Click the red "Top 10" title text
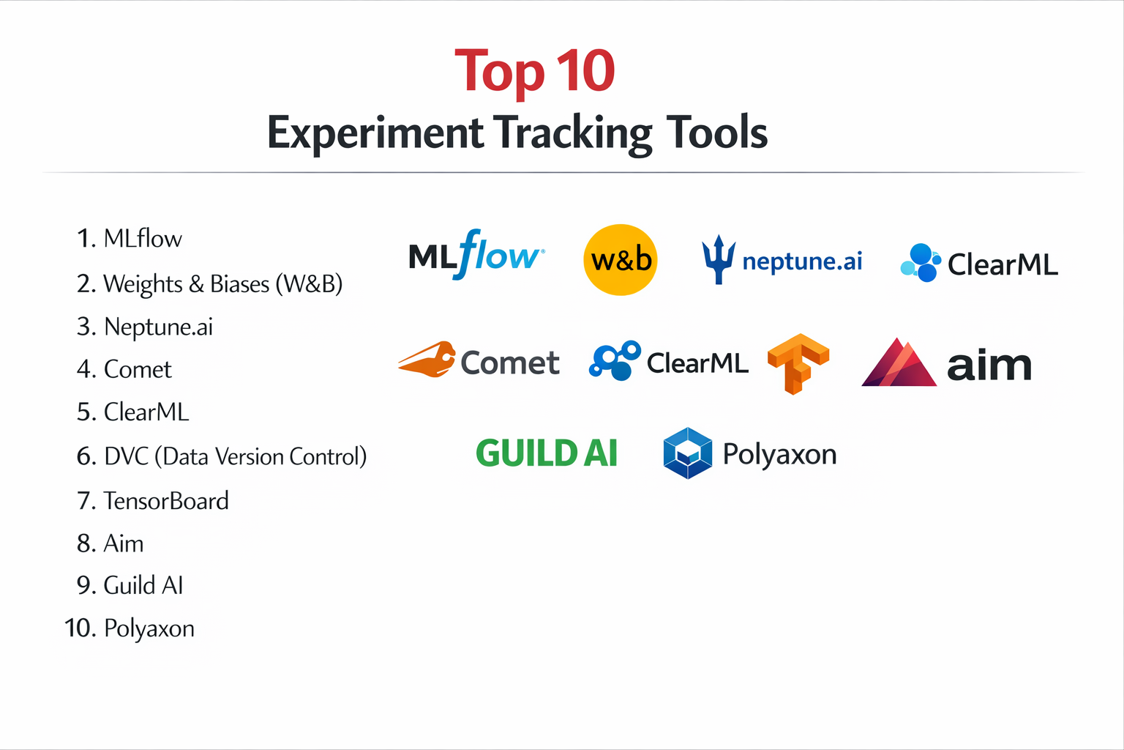535,72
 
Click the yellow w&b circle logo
621,260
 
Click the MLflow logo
476,256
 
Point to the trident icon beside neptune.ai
718,259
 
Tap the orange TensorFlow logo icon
798,363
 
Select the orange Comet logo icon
427,360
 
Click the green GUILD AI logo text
547,453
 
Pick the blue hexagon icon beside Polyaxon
687,453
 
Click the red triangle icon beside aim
899,363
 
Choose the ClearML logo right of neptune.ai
979,264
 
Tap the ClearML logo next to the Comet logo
669,362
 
